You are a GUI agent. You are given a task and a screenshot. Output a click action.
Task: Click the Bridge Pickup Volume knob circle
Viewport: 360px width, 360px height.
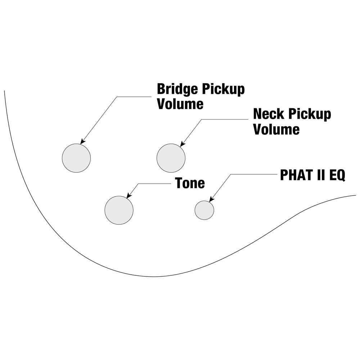pyautogui.click(x=76, y=158)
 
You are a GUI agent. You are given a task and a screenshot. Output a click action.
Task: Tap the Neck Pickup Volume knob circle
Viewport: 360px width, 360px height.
pyautogui.click(x=171, y=158)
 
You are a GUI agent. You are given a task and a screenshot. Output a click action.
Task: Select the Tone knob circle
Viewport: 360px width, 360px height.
pyautogui.click(x=119, y=210)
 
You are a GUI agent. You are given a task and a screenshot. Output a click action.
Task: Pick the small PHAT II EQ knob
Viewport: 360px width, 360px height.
pyautogui.click(x=204, y=210)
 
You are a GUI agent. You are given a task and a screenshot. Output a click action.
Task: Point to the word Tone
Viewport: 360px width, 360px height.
pyautogui.click(x=190, y=183)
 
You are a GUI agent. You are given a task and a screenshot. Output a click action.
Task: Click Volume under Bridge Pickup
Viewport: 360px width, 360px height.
pyautogui.click(x=180, y=104)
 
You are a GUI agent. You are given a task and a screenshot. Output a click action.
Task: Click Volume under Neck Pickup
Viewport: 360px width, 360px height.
pyautogui.click(x=276, y=129)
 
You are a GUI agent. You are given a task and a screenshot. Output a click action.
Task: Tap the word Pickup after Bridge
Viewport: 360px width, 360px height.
pyautogui.click(x=224, y=89)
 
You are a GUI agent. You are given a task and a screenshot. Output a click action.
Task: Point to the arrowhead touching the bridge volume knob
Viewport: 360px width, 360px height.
pyautogui.click(x=83, y=142)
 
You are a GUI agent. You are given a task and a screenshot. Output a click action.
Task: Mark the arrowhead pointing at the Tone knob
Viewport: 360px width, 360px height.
pyautogui.click(x=129, y=196)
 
